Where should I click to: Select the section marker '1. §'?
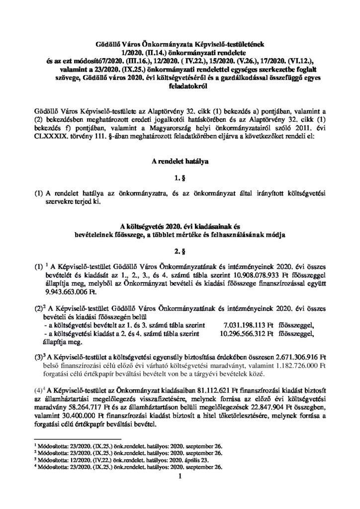tap(180, 176)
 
